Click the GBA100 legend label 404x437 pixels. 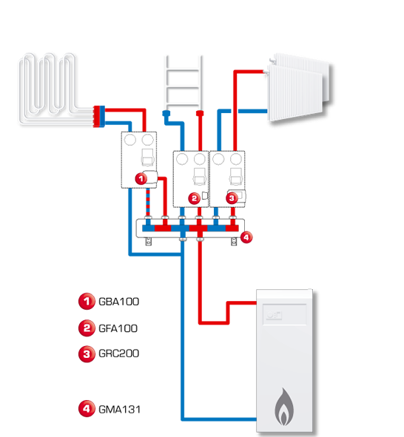(119, 302)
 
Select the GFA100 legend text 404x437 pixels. (118, 328)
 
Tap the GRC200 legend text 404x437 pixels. (119, 353)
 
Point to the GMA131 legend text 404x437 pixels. (119, 410)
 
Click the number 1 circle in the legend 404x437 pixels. (87, 301)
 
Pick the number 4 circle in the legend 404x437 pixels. (87, 409)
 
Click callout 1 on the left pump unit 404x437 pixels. (141, 179)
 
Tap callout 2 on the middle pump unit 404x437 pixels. (195, 198)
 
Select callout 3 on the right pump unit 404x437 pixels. (232, 198)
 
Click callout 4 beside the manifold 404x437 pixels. (246, 237)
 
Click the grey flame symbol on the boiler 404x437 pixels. (284, 407)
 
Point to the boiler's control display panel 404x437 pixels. (285, 314)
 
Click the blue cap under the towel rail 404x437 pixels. (166, 113)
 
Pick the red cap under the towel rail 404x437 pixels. (200, 113)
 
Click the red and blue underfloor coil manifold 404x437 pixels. (99, 117)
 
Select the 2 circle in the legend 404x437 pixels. (87, 328)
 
